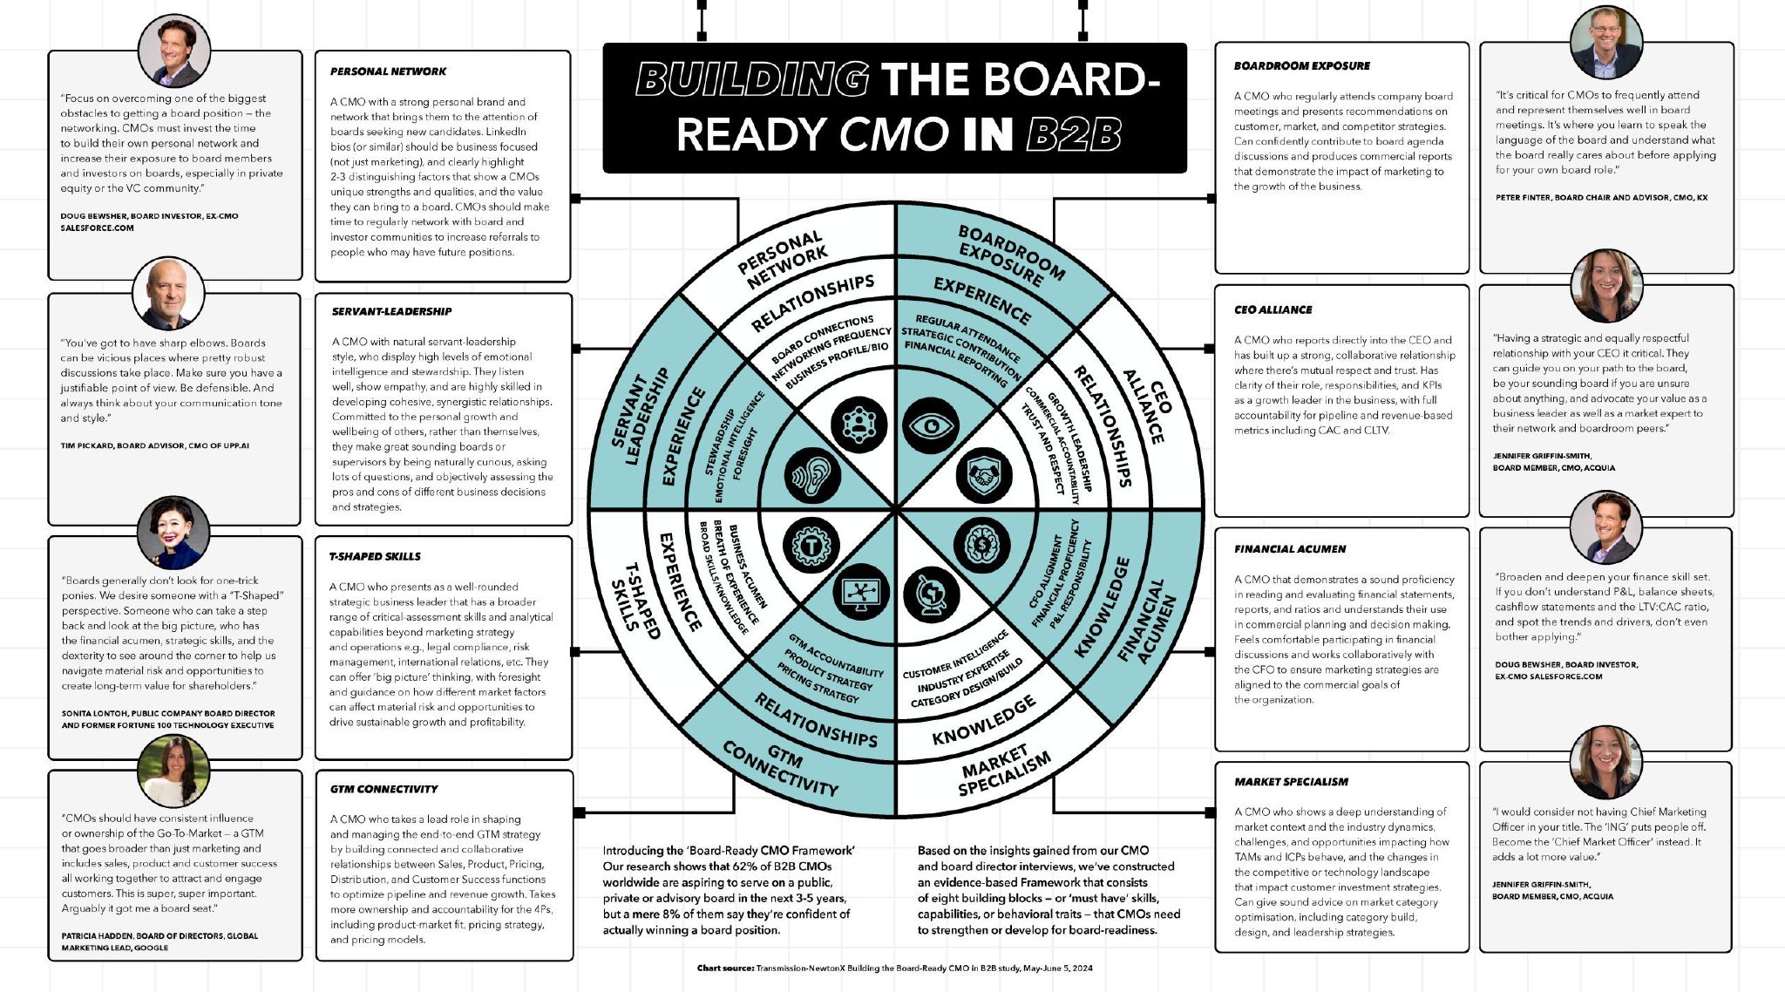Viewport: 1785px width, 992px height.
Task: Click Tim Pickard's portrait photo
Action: click(168, 294)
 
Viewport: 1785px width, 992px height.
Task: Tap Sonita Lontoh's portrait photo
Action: click(173, 533)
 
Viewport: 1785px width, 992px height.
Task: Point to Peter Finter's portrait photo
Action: click(1605, 42)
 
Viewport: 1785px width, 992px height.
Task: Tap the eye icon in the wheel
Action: click(932, 426)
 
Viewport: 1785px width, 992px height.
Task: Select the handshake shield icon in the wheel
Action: click(984, 475)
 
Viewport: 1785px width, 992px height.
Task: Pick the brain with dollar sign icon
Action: click(982, 545)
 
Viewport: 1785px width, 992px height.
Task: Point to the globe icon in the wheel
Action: click(931, 595)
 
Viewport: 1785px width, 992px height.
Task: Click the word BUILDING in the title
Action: click(751, 79)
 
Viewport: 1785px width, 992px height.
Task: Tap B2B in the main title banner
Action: click(1073, 134)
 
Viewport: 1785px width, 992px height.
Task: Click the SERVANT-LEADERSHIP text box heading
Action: click(391, 311)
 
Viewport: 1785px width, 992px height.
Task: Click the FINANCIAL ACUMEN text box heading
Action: click(1289, 549)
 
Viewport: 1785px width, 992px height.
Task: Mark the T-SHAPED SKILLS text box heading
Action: click(375, 556)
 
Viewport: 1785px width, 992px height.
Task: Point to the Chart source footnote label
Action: click(725, 968)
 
